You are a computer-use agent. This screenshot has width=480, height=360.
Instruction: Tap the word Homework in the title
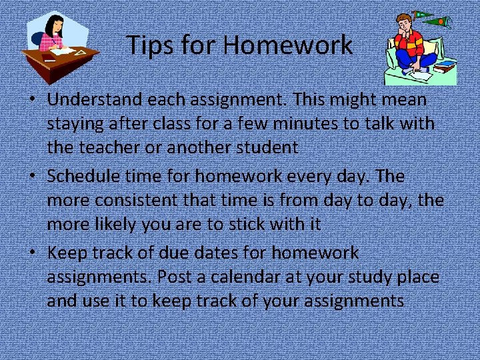[288, 45]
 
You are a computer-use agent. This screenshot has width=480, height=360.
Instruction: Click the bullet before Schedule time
[32, 177]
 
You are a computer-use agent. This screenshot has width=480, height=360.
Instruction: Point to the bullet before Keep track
[32, 253]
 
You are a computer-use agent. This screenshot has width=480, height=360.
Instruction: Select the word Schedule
[84, 177]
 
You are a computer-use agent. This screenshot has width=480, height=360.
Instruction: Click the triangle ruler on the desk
[81, 52]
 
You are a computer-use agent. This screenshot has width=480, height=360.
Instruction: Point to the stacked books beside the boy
[445, 65]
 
